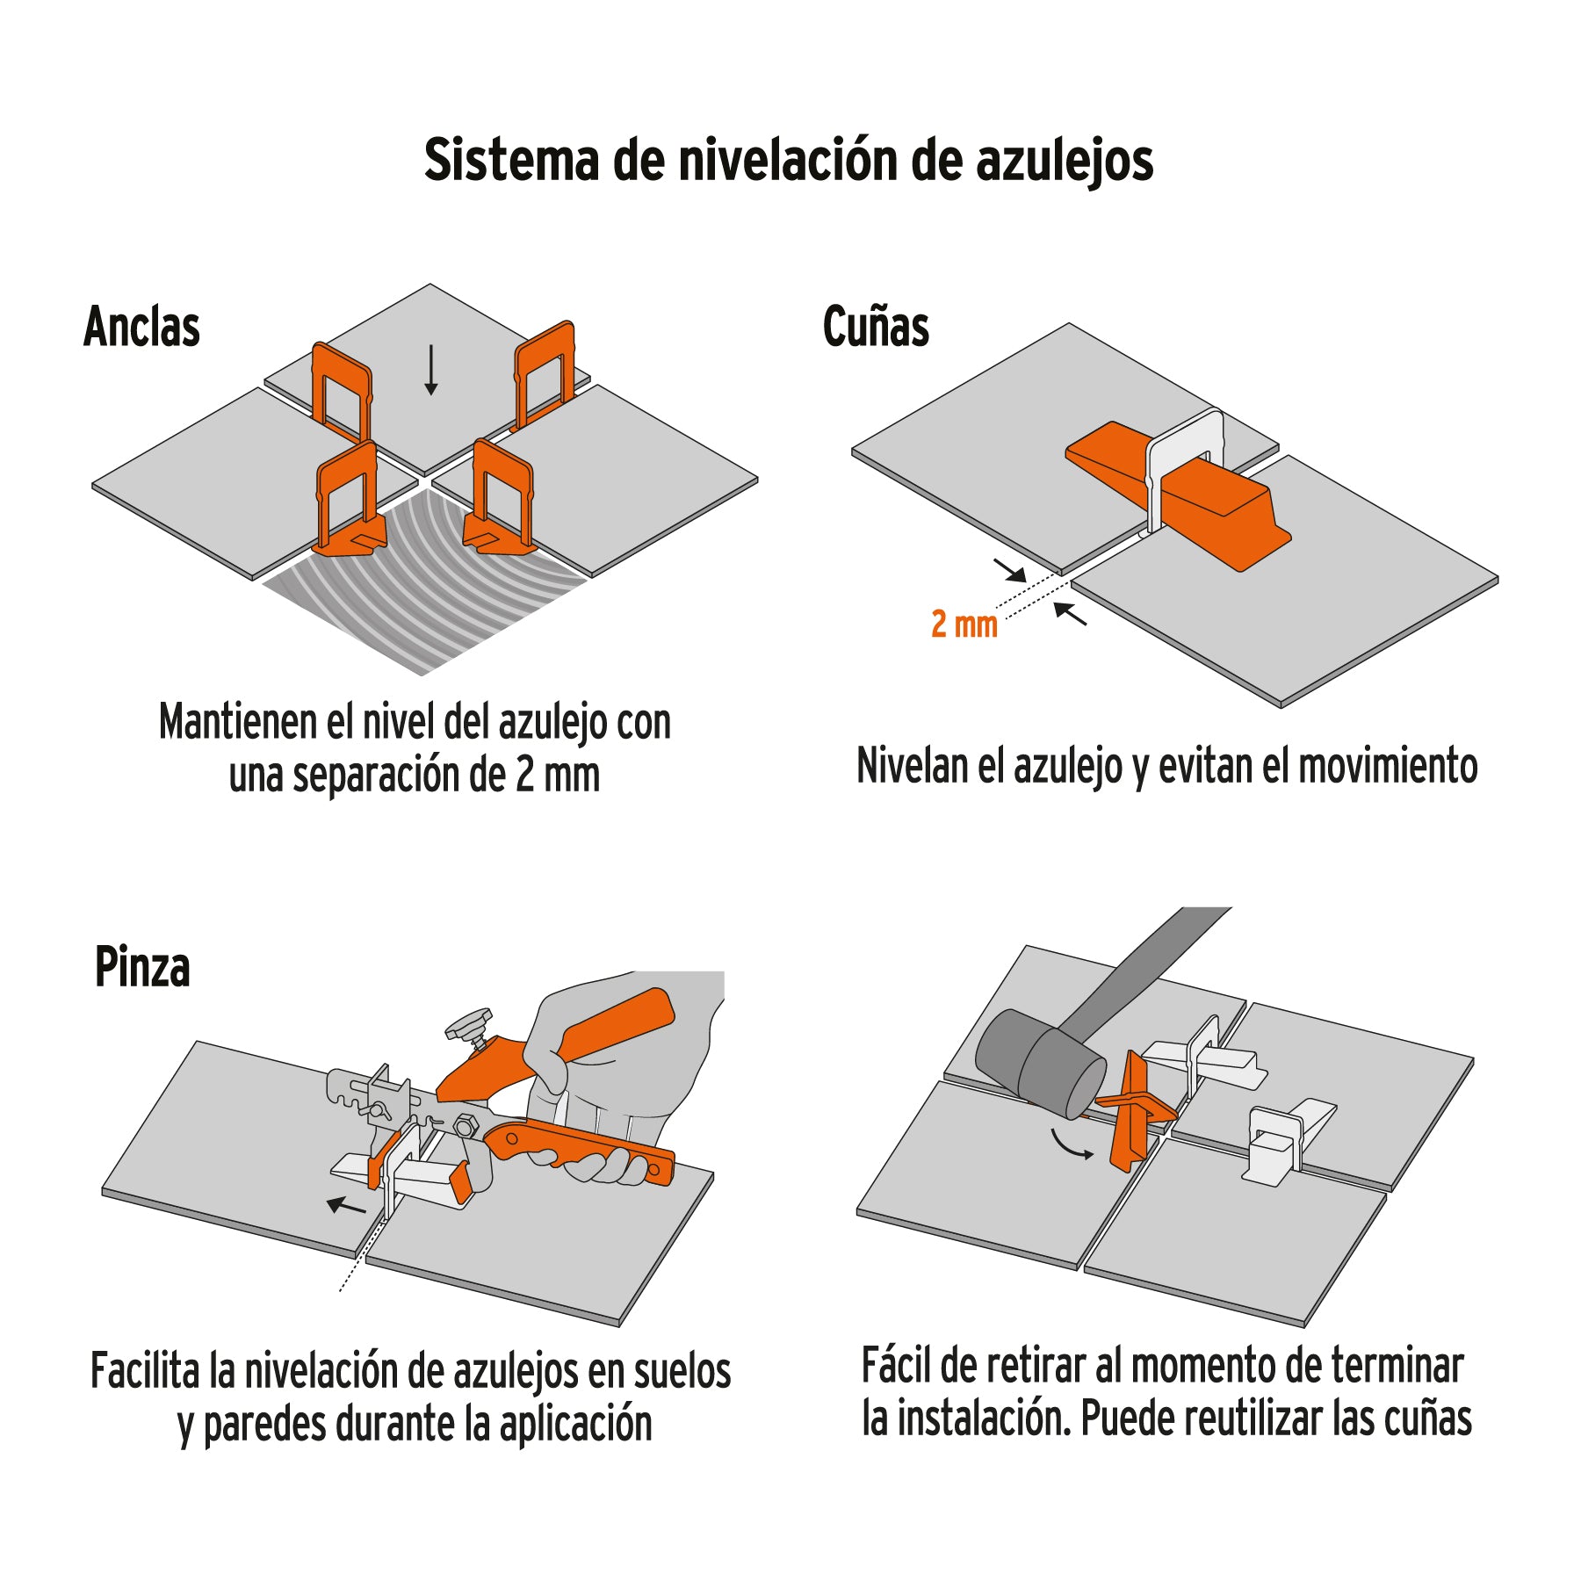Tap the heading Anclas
[141, 327]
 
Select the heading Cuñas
[875, 327]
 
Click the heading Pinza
[141, 967]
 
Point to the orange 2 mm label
[964, 624]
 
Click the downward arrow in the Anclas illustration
[430, 370]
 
